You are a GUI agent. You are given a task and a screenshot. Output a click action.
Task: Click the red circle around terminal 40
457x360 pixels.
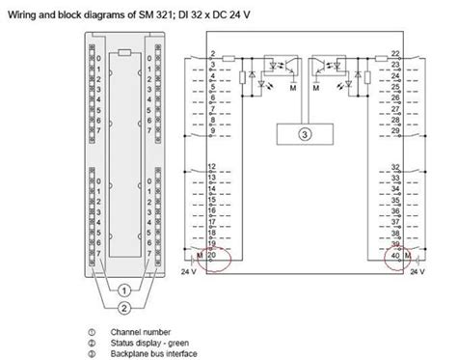coord(395,259)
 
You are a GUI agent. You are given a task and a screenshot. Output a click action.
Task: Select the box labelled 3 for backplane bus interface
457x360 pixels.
coord(305,134)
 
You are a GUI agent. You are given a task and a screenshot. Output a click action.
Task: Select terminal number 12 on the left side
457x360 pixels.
coord(212,167)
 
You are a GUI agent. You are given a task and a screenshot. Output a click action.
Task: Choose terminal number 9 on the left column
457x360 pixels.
coord(212,128)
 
